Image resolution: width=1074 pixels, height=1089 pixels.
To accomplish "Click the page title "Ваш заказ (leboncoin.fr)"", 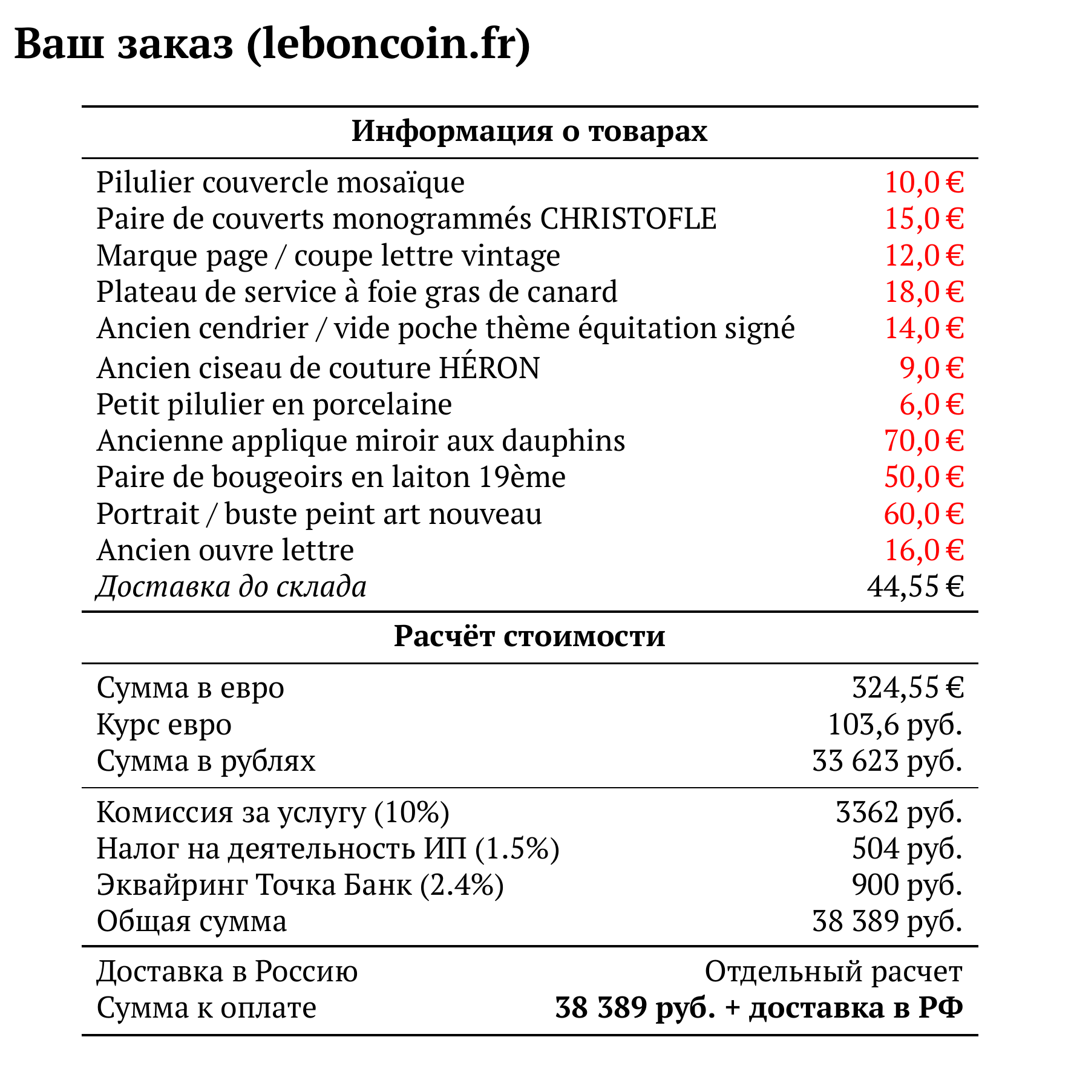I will [272, 44].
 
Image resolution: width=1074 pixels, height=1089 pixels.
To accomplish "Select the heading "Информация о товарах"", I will [529, 131].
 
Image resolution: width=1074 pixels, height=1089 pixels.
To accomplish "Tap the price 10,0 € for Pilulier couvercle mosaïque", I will [923, 182].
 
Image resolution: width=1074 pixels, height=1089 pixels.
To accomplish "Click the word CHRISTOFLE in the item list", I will [628, 218].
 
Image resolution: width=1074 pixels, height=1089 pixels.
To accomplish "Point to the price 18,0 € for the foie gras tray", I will [923, 292].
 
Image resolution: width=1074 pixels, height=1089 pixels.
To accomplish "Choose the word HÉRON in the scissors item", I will [489, 368].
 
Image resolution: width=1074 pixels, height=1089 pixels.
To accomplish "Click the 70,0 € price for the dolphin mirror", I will [923, 440].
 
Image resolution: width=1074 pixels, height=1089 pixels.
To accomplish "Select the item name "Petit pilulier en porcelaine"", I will [274, 404].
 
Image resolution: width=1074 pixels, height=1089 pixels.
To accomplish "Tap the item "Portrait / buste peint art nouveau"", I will [319, 514].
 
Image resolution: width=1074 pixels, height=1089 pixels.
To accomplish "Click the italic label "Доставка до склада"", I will [231, 586].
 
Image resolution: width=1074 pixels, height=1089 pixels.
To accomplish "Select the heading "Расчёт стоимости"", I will [529, 636].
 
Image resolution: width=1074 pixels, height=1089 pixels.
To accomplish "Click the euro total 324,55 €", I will [907, 688].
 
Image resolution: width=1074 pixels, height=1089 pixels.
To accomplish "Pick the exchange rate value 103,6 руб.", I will [895, 724].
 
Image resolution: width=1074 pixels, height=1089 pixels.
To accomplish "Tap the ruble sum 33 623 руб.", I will [887, 760].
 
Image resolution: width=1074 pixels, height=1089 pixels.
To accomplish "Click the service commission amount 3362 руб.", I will [899, 812].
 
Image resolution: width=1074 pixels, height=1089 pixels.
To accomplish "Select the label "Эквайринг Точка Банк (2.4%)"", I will [300, 885].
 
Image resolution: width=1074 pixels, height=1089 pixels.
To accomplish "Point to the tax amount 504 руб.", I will [907, 848].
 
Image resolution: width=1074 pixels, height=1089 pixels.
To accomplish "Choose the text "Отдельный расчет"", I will [833, 972].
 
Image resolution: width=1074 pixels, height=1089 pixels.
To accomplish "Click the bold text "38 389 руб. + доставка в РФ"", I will [759, 1008].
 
